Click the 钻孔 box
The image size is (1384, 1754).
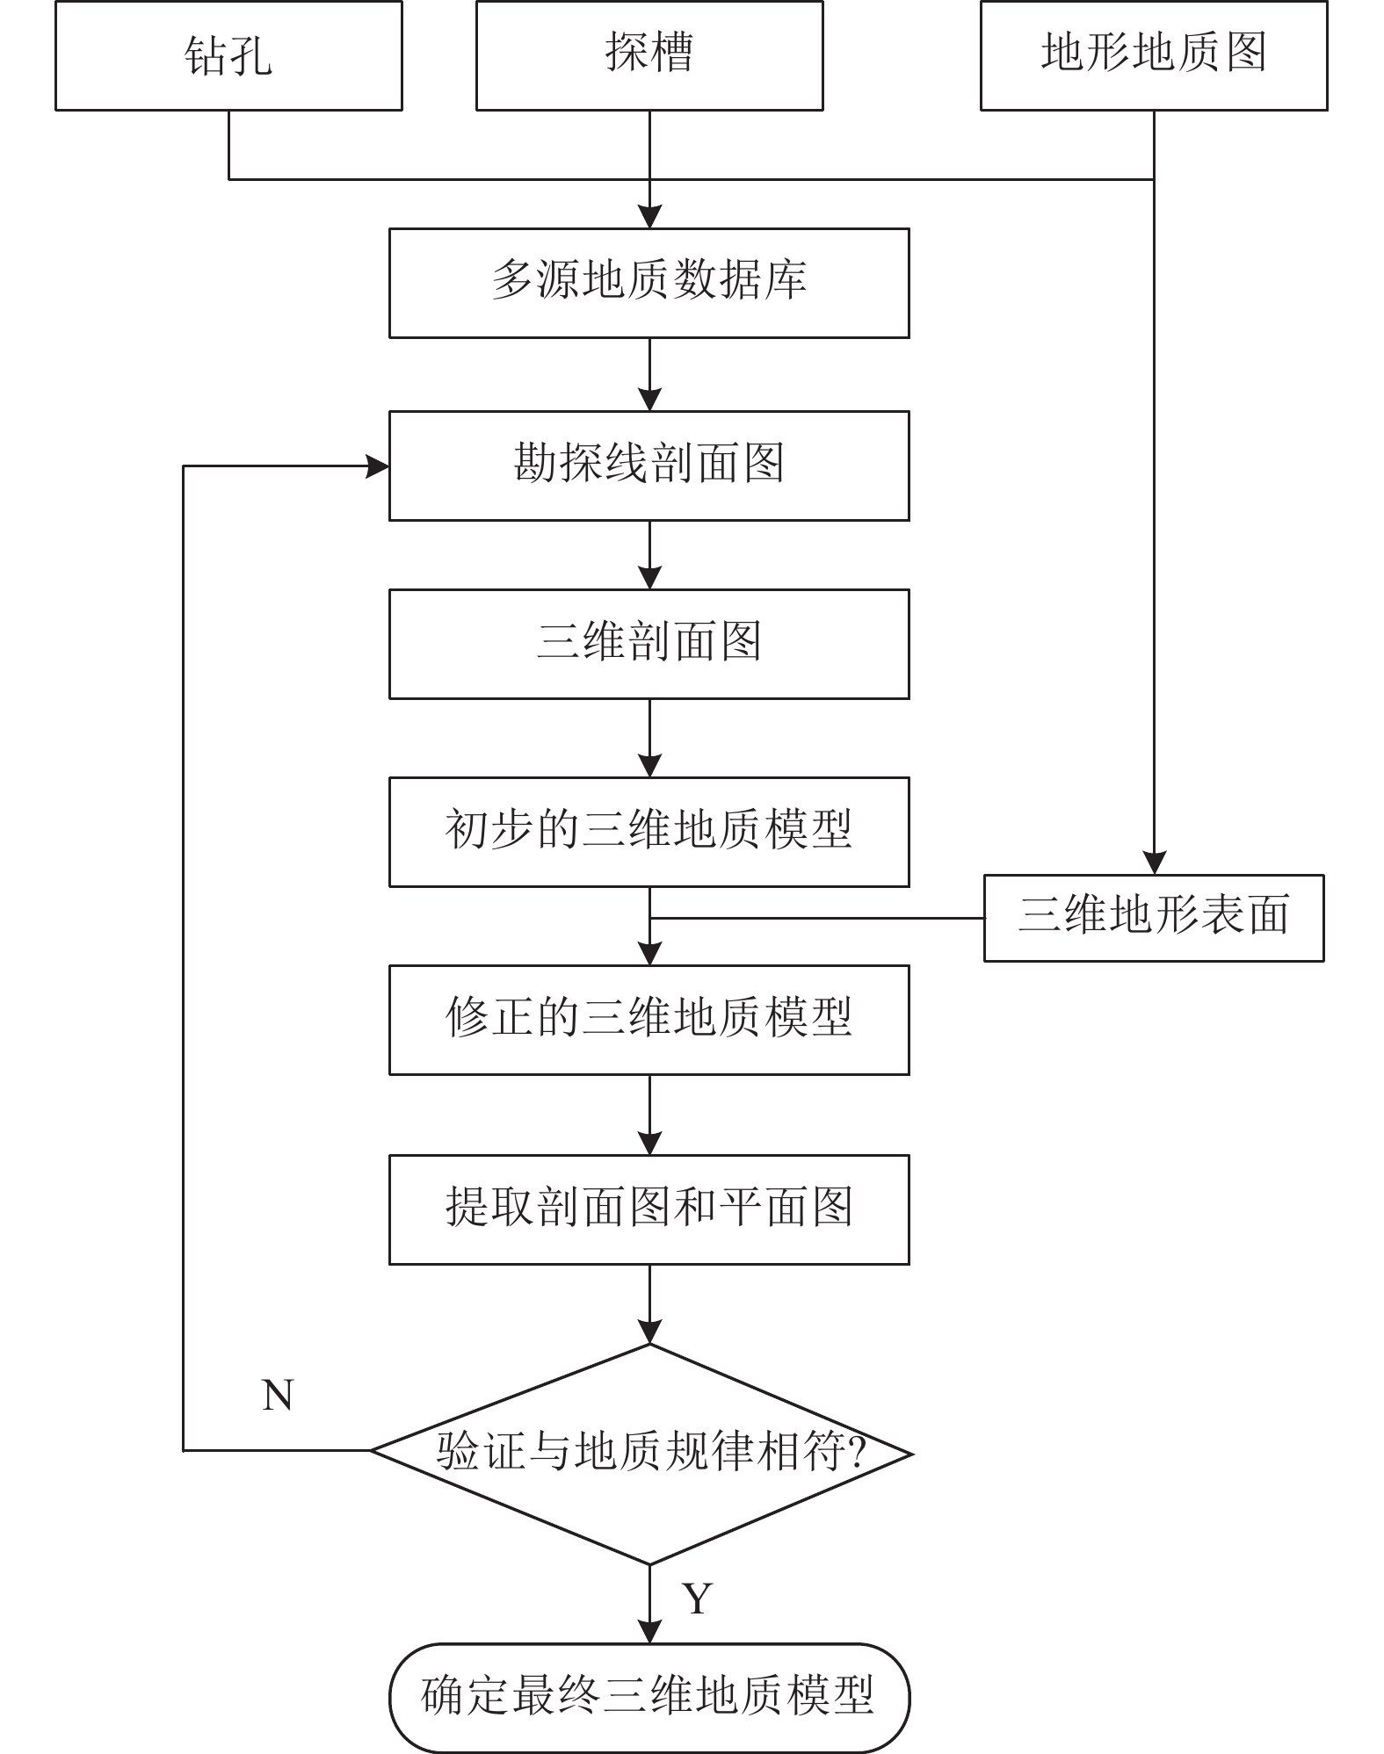tap(228, 55)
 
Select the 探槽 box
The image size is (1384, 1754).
tap(649, 55)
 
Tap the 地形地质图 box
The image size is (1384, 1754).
tap(1153, 55)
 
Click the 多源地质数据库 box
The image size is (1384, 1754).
tap(649, 283)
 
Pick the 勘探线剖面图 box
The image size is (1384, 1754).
tap(649, 466)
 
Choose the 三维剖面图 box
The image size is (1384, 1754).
tap(649, 644)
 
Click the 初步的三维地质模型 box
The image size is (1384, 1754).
tap(649, 832)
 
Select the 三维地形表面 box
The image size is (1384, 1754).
tap(1153, 917)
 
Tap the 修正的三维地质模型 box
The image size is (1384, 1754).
tap(649, 1020)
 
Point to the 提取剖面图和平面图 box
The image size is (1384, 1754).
tap(649, 1209)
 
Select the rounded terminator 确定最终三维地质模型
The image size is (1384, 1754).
tap(649, 1697)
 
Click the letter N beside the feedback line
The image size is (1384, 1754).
tap(278, 1395)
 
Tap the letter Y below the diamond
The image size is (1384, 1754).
tap(696, 1598)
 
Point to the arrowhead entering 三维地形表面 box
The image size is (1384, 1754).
tap(1153, 863)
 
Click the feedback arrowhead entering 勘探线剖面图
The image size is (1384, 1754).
tap(378, 466)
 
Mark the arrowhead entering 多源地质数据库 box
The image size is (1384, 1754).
tap(649, 217)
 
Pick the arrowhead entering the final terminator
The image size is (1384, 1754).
tap(649, 1631)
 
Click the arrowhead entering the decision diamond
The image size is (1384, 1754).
tap(649, 1332)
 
